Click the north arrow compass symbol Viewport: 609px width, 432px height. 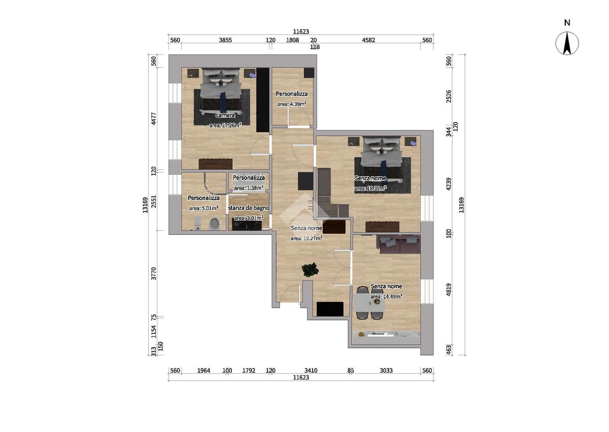click(x=567, y=43)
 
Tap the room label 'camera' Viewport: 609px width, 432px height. click(x=225, y=115)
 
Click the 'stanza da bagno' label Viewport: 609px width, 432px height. click(x=249, y=208)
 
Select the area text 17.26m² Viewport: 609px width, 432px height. click(x=225, y=125)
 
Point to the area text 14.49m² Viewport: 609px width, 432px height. click(x=386, y=296)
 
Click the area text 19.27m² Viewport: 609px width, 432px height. click(x=307, y=238)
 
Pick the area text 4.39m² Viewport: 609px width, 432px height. click(x=292, y=104)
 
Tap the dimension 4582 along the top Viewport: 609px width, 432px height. click(x=368, y=40)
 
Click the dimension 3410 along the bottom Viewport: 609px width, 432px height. click(x=311, y=371)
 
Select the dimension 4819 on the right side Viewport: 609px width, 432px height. click(x=449, y=290)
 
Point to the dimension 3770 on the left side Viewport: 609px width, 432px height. click(x=154, y=273)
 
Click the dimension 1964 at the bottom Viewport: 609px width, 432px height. click(x=204, y=371)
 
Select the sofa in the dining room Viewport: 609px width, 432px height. click(x=398, y=244)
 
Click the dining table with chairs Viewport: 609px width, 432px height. click(x=370, y=303)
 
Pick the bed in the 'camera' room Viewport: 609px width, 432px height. click(x=221, y=91)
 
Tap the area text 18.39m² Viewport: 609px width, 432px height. click(x=370, y=188)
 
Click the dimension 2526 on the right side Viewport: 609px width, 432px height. click(x=449, y=97)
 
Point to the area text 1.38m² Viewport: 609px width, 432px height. click(x=249, y=188)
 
